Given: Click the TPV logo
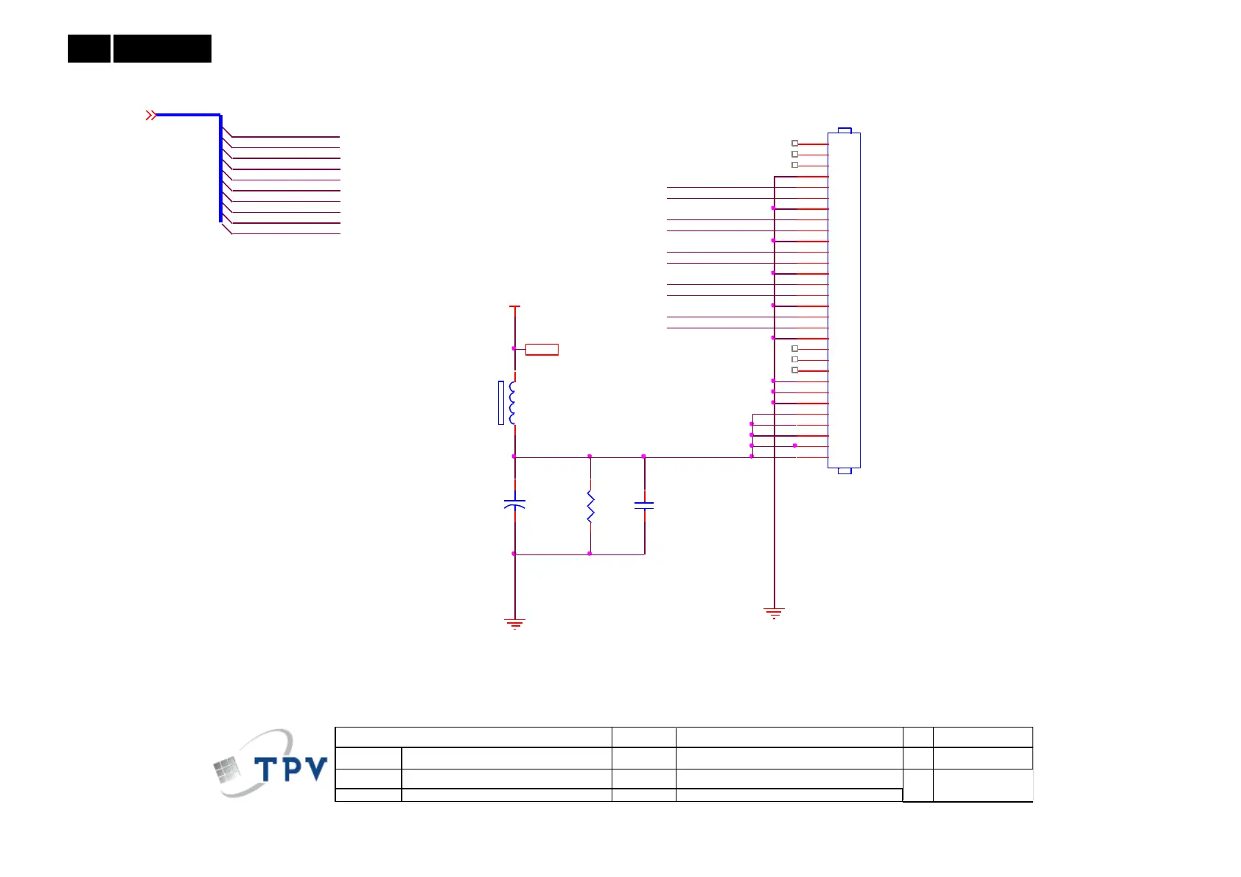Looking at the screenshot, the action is coord(270,764).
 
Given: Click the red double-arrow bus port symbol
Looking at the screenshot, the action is coord(150,115).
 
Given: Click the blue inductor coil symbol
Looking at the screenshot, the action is coord(512,403).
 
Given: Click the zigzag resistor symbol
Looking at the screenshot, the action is coord(590,507).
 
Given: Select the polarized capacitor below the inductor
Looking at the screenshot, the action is coord(514,504).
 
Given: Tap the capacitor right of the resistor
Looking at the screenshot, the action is coord(644,506).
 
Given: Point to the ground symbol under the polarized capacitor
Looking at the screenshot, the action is coord(514,624).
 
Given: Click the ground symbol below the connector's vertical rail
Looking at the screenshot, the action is coord(774,613).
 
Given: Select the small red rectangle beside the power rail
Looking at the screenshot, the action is coord(542,350).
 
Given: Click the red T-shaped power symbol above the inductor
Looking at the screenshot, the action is coord(514,306).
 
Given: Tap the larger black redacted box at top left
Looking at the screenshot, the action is coord(162,49).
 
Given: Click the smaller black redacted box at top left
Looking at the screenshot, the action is coord(89,49).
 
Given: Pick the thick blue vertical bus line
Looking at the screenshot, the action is coord(220,168).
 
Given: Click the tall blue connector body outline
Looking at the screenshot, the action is coord(844,300).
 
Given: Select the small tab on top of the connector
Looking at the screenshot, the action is coord(845,130).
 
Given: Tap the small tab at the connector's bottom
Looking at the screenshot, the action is coord(845,471).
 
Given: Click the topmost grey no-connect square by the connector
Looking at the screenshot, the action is coord(794,144).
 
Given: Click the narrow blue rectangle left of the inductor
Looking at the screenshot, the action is coord(501,403).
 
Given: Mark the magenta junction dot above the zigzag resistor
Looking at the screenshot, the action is coord(590,457).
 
